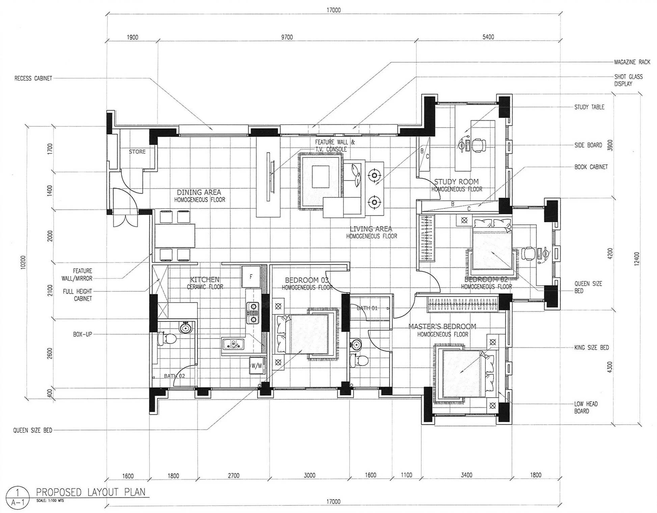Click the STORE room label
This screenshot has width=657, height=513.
point(137,152)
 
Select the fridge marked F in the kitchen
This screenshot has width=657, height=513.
point(251,277)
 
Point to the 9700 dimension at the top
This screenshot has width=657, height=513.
point(287,37)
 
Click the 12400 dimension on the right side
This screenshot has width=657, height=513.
point(637,259)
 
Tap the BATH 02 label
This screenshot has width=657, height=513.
point(174,376)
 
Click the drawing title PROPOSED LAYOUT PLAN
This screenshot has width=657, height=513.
point(90,492)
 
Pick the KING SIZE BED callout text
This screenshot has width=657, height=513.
point(592,347)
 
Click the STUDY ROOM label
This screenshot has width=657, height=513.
point(456,181)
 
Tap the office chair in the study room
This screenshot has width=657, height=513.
point(478,145)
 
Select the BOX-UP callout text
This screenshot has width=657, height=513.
point(82,334)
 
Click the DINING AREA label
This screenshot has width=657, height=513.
point(199,192)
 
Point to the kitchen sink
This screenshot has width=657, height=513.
point(233,344)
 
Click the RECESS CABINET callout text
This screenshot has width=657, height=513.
point(33,78)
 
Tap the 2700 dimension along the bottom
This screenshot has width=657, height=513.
point(234,475)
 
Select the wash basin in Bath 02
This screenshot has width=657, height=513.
point(185,327)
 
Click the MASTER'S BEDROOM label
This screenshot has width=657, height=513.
point(442,326)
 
